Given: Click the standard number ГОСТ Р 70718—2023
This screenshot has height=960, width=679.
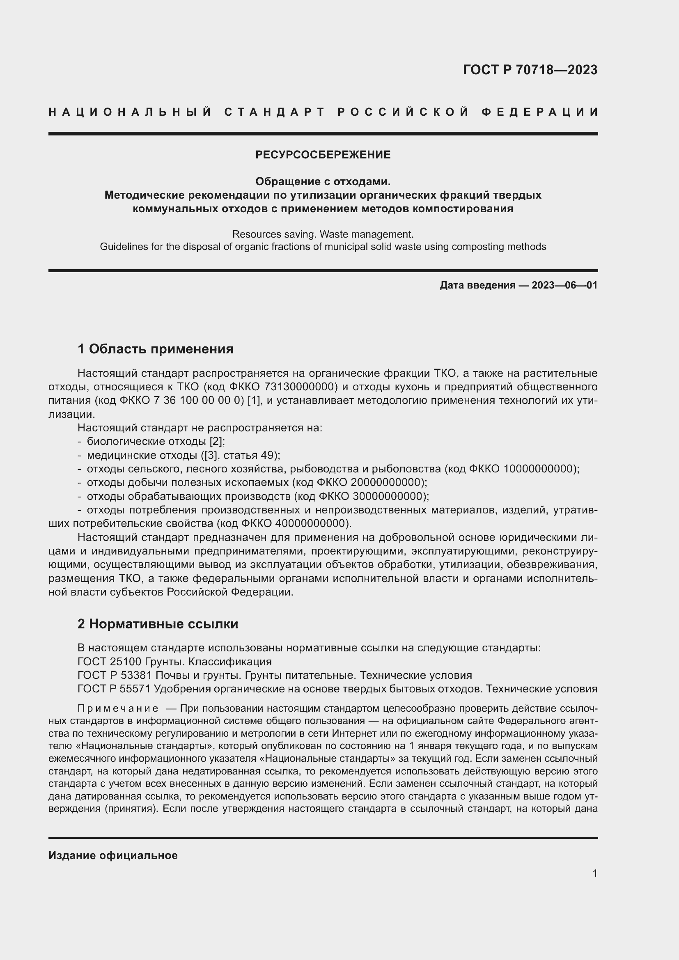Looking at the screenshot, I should point(530,70).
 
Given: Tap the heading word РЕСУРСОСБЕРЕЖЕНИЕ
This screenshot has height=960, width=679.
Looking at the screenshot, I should point(323,155).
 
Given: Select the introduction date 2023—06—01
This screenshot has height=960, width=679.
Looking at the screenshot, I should point(564,286).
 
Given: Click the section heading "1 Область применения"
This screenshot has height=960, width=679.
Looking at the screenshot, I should point(156,349).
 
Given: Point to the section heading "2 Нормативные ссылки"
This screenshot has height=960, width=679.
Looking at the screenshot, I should point(158,624).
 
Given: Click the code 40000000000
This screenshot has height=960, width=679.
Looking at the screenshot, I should point(312,523).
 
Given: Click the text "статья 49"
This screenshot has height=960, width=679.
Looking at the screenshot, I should point(250,455).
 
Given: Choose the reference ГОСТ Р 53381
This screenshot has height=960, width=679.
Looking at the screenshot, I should point(115,675).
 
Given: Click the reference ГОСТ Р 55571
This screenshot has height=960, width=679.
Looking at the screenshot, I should point(115,689).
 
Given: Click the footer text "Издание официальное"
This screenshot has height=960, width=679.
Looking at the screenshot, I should point(113,855).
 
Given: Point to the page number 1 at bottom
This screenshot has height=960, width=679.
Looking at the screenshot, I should point(595,873).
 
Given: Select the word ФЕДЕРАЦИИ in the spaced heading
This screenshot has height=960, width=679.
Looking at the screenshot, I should point(540,112).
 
